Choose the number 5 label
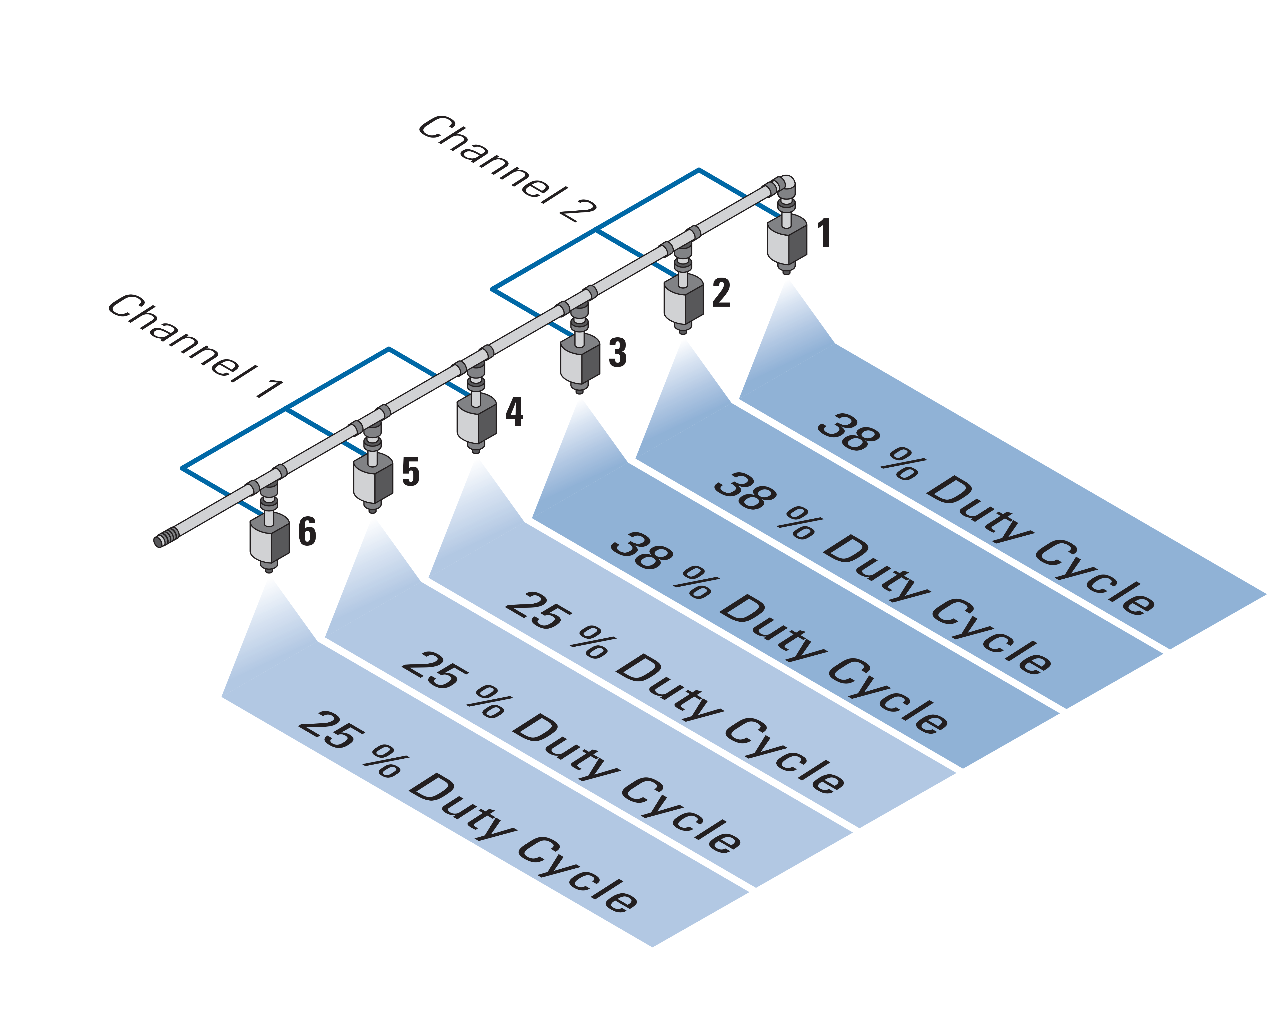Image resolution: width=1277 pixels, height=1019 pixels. [411, 472]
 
